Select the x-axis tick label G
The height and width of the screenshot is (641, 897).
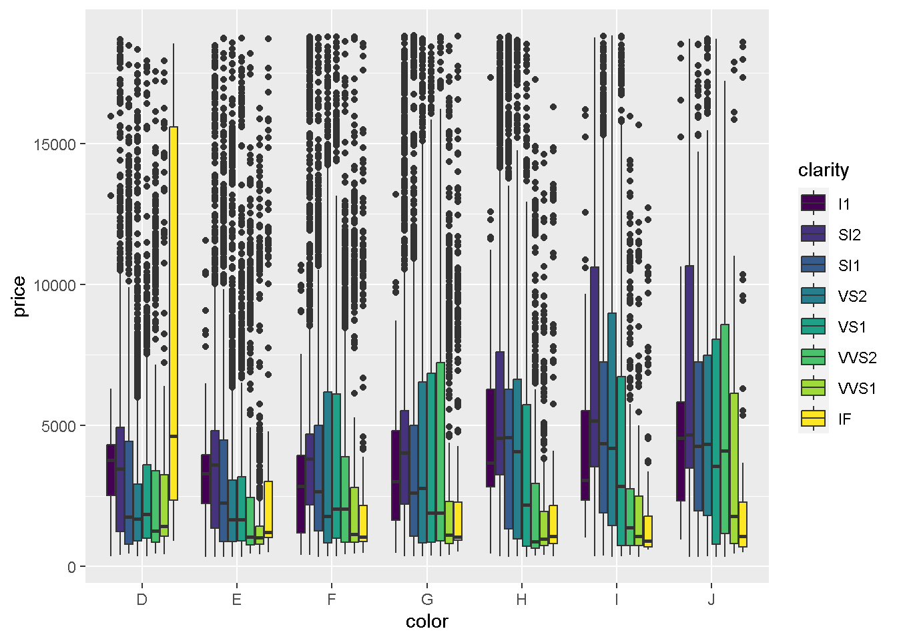(x=427, y=599)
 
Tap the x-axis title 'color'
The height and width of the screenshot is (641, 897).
(x=427, y=622)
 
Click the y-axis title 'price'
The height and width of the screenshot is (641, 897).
(x=19, y=296)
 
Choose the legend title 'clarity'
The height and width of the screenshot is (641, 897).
(x=824, y=170)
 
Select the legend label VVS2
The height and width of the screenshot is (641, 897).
(x=857, y=358)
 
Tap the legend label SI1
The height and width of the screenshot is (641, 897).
(x=849, y=266)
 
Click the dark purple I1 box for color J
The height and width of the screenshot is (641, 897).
(x=681, y=451)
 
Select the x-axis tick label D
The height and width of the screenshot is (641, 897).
(x=141, y=599)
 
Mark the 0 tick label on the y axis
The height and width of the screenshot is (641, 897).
(x=72, y=567)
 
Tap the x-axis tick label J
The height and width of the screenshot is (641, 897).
(x=711, y=599)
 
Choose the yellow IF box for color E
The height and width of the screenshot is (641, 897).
(x=268, y=509)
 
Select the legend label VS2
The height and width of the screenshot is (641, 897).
(x=852, y=296)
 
